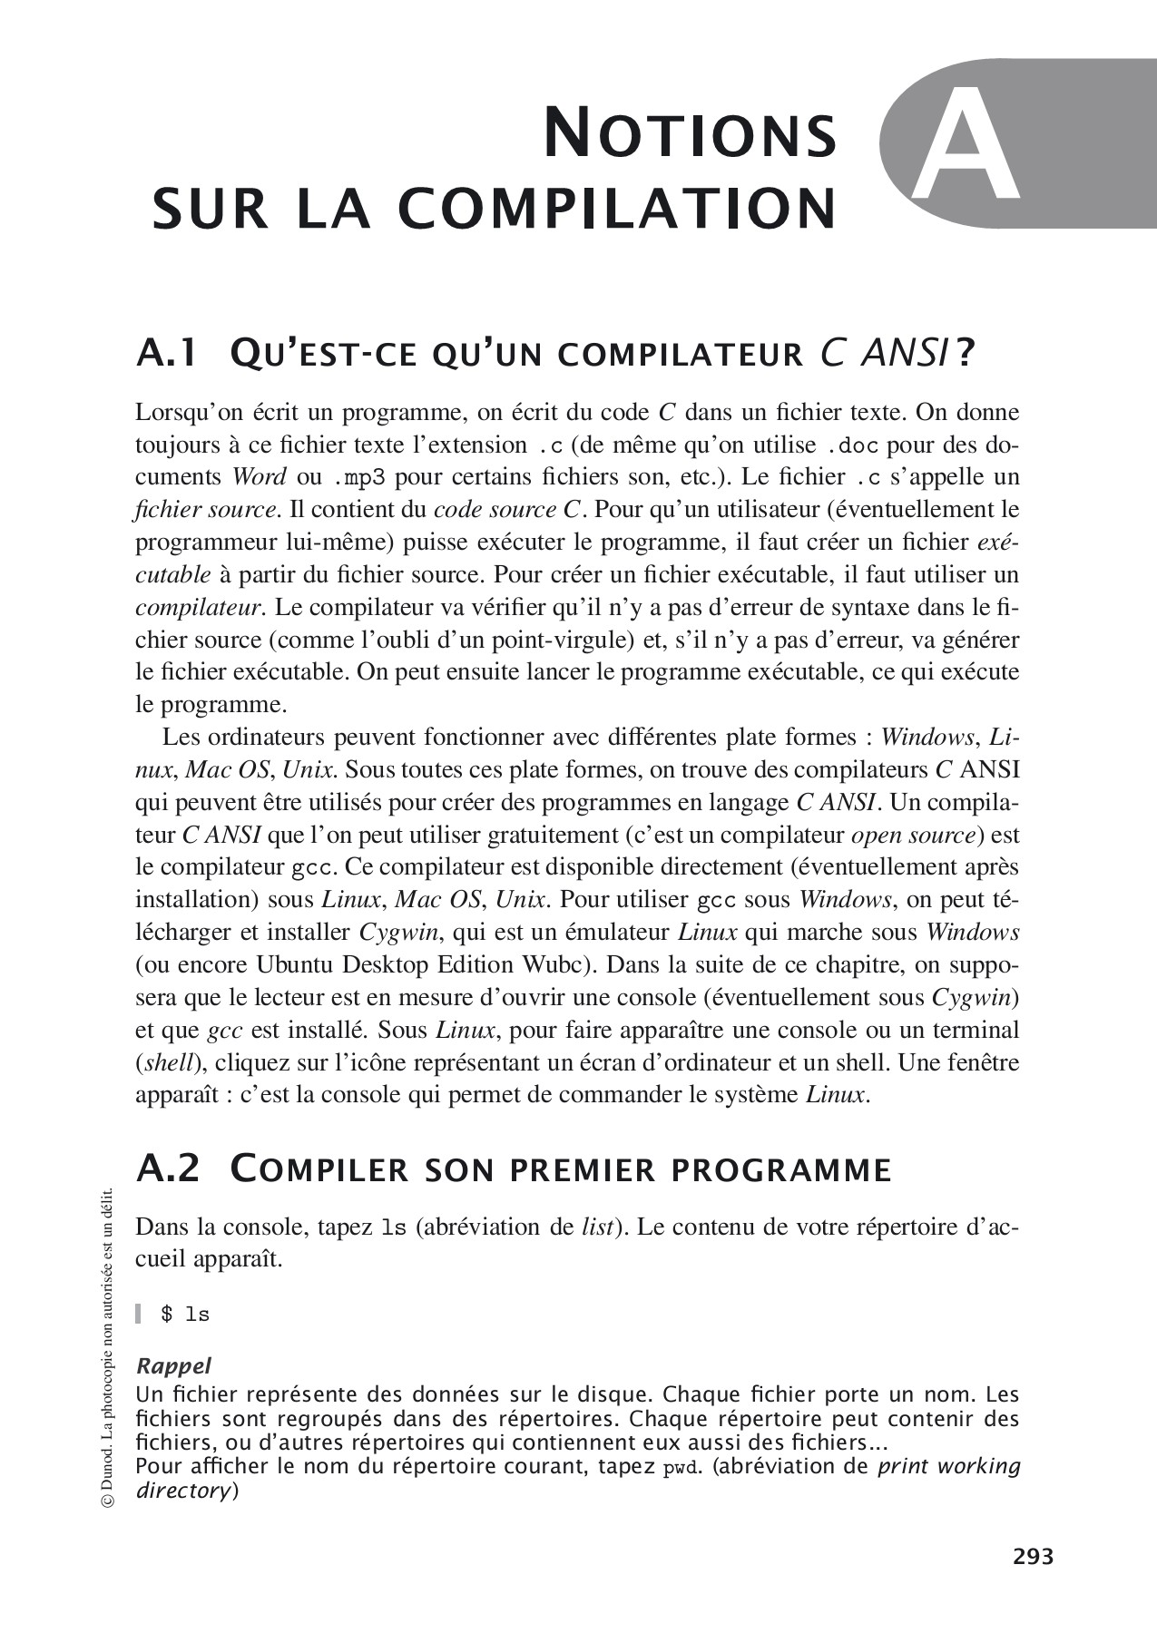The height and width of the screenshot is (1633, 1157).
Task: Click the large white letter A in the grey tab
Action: coord(965,145)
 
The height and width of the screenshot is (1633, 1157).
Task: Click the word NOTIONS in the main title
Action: coord(690,135)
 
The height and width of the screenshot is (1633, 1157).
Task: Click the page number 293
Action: coord(1033,1557)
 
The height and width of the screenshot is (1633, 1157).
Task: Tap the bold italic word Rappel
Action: coord(173,1365)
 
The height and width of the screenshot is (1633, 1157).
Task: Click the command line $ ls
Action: coord(184,1315)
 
